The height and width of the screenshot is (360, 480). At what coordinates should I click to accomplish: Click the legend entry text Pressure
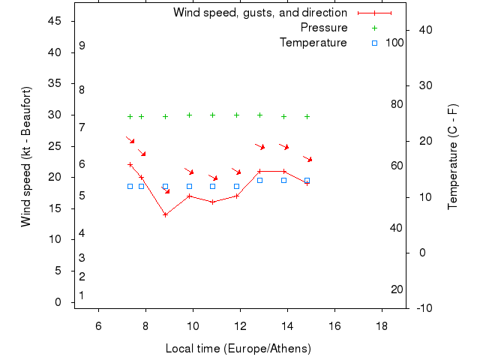tap(324, 28)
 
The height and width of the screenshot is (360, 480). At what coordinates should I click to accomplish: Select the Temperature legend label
tap(313, 43)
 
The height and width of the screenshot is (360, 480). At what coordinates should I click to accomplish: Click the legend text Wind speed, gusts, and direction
tap(260, 13)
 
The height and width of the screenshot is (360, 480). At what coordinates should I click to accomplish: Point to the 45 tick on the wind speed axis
tap(54, 21)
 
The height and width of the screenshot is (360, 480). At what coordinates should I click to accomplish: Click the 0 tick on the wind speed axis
tap(58, 302)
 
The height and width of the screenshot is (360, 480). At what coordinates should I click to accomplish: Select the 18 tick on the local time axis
tap(382, 325)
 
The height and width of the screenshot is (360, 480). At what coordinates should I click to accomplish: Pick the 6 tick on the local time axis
tap(98, 325)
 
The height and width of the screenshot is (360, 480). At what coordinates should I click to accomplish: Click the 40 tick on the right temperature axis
tap(424, 30)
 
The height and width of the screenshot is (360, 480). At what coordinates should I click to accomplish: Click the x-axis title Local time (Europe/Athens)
tap(238, 349)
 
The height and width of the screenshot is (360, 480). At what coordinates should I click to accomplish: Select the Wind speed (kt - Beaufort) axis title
tap(26, 157)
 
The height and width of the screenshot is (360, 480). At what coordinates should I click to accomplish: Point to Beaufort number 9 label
tap(82, 46)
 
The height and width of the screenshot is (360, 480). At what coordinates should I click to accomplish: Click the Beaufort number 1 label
tap(82, 295)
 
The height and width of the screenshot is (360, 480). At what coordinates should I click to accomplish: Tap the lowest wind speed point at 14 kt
tap(165, 214)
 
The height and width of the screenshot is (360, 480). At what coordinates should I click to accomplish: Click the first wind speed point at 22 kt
tap(130, 165)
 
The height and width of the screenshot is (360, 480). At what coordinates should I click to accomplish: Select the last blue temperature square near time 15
tap(307, 181)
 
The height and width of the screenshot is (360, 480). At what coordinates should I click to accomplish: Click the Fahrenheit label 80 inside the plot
tap(397, 104)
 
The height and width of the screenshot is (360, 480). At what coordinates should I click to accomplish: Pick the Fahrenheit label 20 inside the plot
tap(397, 289)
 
